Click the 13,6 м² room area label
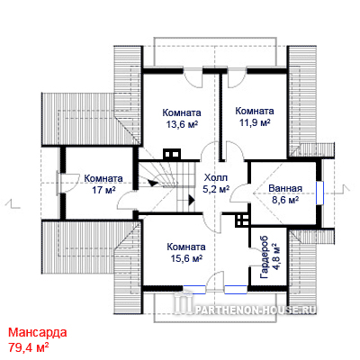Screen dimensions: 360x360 pyautogui.click(x=182, y=124)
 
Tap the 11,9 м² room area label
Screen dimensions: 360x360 pyautogui.click(x=255, y=122)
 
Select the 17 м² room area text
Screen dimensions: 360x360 pyautogui.click(x=103, y=190)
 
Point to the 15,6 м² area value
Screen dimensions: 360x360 pyautogui.click(x=186, y=258)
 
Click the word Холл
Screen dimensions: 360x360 pyautogui.click(x=216, y=177)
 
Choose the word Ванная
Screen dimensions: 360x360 pyautogui.click(x=285, y=189)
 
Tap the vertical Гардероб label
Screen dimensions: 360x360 pyautogui.click(x=265, y=257)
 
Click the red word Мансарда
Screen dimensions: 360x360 pyautogui.click(x=38, y=332)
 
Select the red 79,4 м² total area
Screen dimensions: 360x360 pyautogui.click(x=29, y=347)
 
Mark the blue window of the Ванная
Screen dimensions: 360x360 pyautogui.click(x=320, y=193)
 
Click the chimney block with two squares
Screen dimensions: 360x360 pyautogui.click(x=172, y=154)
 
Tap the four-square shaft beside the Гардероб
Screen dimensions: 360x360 pyautogui.click(x=242, y=220)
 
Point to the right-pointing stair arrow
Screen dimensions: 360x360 pyautogui.click(x=192, y=200)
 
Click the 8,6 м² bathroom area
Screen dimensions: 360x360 pyautogui.click(x=285, y=200)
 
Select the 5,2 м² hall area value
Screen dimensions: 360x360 pyautogui.click(x=216, y=189)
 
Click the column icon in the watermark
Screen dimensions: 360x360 pyautogui.click(x=184, y=303)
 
